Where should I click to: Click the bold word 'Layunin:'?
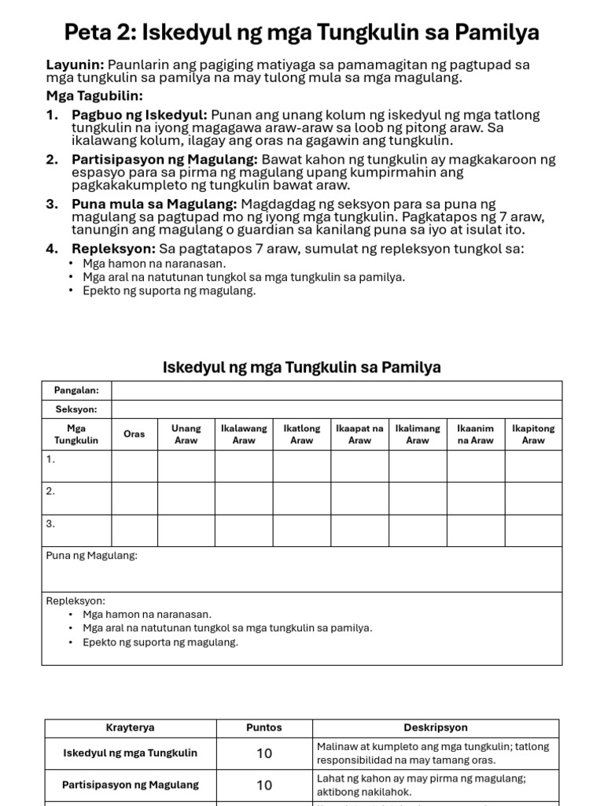[75, 65]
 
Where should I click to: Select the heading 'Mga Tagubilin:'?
[94, 96]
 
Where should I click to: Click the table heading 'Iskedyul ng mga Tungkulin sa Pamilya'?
[301, 368]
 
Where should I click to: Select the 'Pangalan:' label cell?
[76, 390]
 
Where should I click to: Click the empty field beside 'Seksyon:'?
[337, 409]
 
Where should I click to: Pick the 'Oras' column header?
[134, 434]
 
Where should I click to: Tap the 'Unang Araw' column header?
[186, 434]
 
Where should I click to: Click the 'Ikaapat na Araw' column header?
[359, 434]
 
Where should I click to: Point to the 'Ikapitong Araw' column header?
[533, 434]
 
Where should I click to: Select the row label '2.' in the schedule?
[50, 490]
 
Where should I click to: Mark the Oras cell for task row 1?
[134, 466]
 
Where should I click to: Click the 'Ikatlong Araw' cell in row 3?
[302, 531]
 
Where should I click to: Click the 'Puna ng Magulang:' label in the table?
[92, 556]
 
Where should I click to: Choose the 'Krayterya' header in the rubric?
[131, 728]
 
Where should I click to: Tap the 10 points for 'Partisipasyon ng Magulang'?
[264, 785]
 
